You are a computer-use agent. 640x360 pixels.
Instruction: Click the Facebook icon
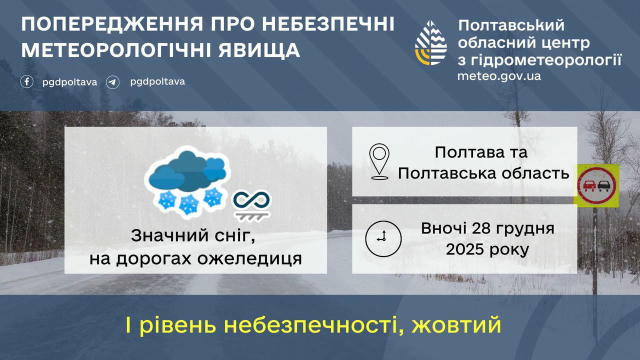click(27, 81)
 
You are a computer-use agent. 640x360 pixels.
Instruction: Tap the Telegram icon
click(113, 81)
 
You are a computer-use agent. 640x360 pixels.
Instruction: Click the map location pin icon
click(379, 161)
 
